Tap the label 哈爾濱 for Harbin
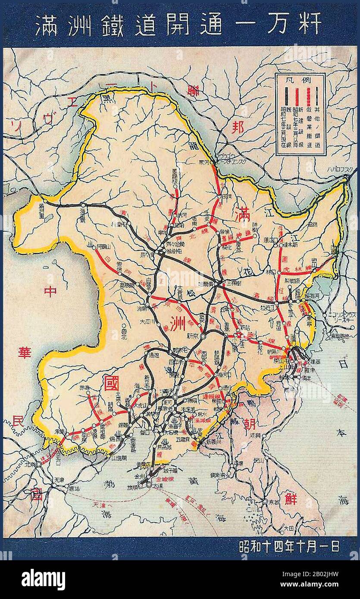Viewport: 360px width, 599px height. click(x=205, y=284)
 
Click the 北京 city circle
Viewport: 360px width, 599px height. click(x=38, y=464)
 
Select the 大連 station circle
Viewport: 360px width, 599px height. click(x=149, y=485)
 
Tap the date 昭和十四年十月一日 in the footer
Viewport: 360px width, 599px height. click(x=289, y=546)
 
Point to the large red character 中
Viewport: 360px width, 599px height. click(x=50, y=291)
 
